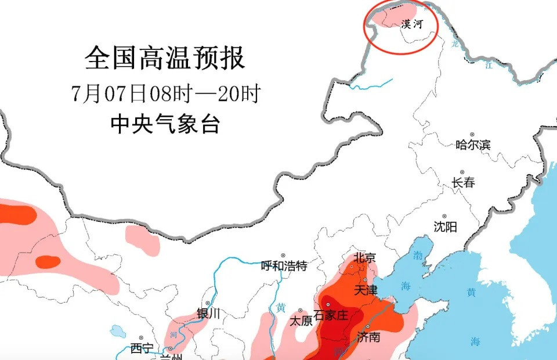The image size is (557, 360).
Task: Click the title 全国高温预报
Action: (x=165, y=58)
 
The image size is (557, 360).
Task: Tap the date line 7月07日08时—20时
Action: (x=165, y=93)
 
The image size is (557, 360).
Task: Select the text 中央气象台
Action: (x=165, y=124)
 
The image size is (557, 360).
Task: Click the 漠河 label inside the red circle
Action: (x=412, y=24)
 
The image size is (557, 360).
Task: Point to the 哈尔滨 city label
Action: (x=473, y=145)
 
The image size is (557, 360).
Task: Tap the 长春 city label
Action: (x=463, y=182)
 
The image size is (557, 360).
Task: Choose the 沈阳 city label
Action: (x=446, y=226)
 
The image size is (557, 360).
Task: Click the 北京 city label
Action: (x=364, y=258)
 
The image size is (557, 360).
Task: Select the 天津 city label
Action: (x=366, y=289)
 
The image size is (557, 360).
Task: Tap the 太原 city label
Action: (x=301, y=321)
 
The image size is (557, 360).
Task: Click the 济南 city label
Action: (x=369, y=336)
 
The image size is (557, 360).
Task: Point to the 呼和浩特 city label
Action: (x=284, y=266)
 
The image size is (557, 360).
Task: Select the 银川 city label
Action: (x=209, y=314)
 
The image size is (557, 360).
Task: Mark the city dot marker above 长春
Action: (x=462, y=172)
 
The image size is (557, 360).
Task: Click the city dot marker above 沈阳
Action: (x=444, y=216)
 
